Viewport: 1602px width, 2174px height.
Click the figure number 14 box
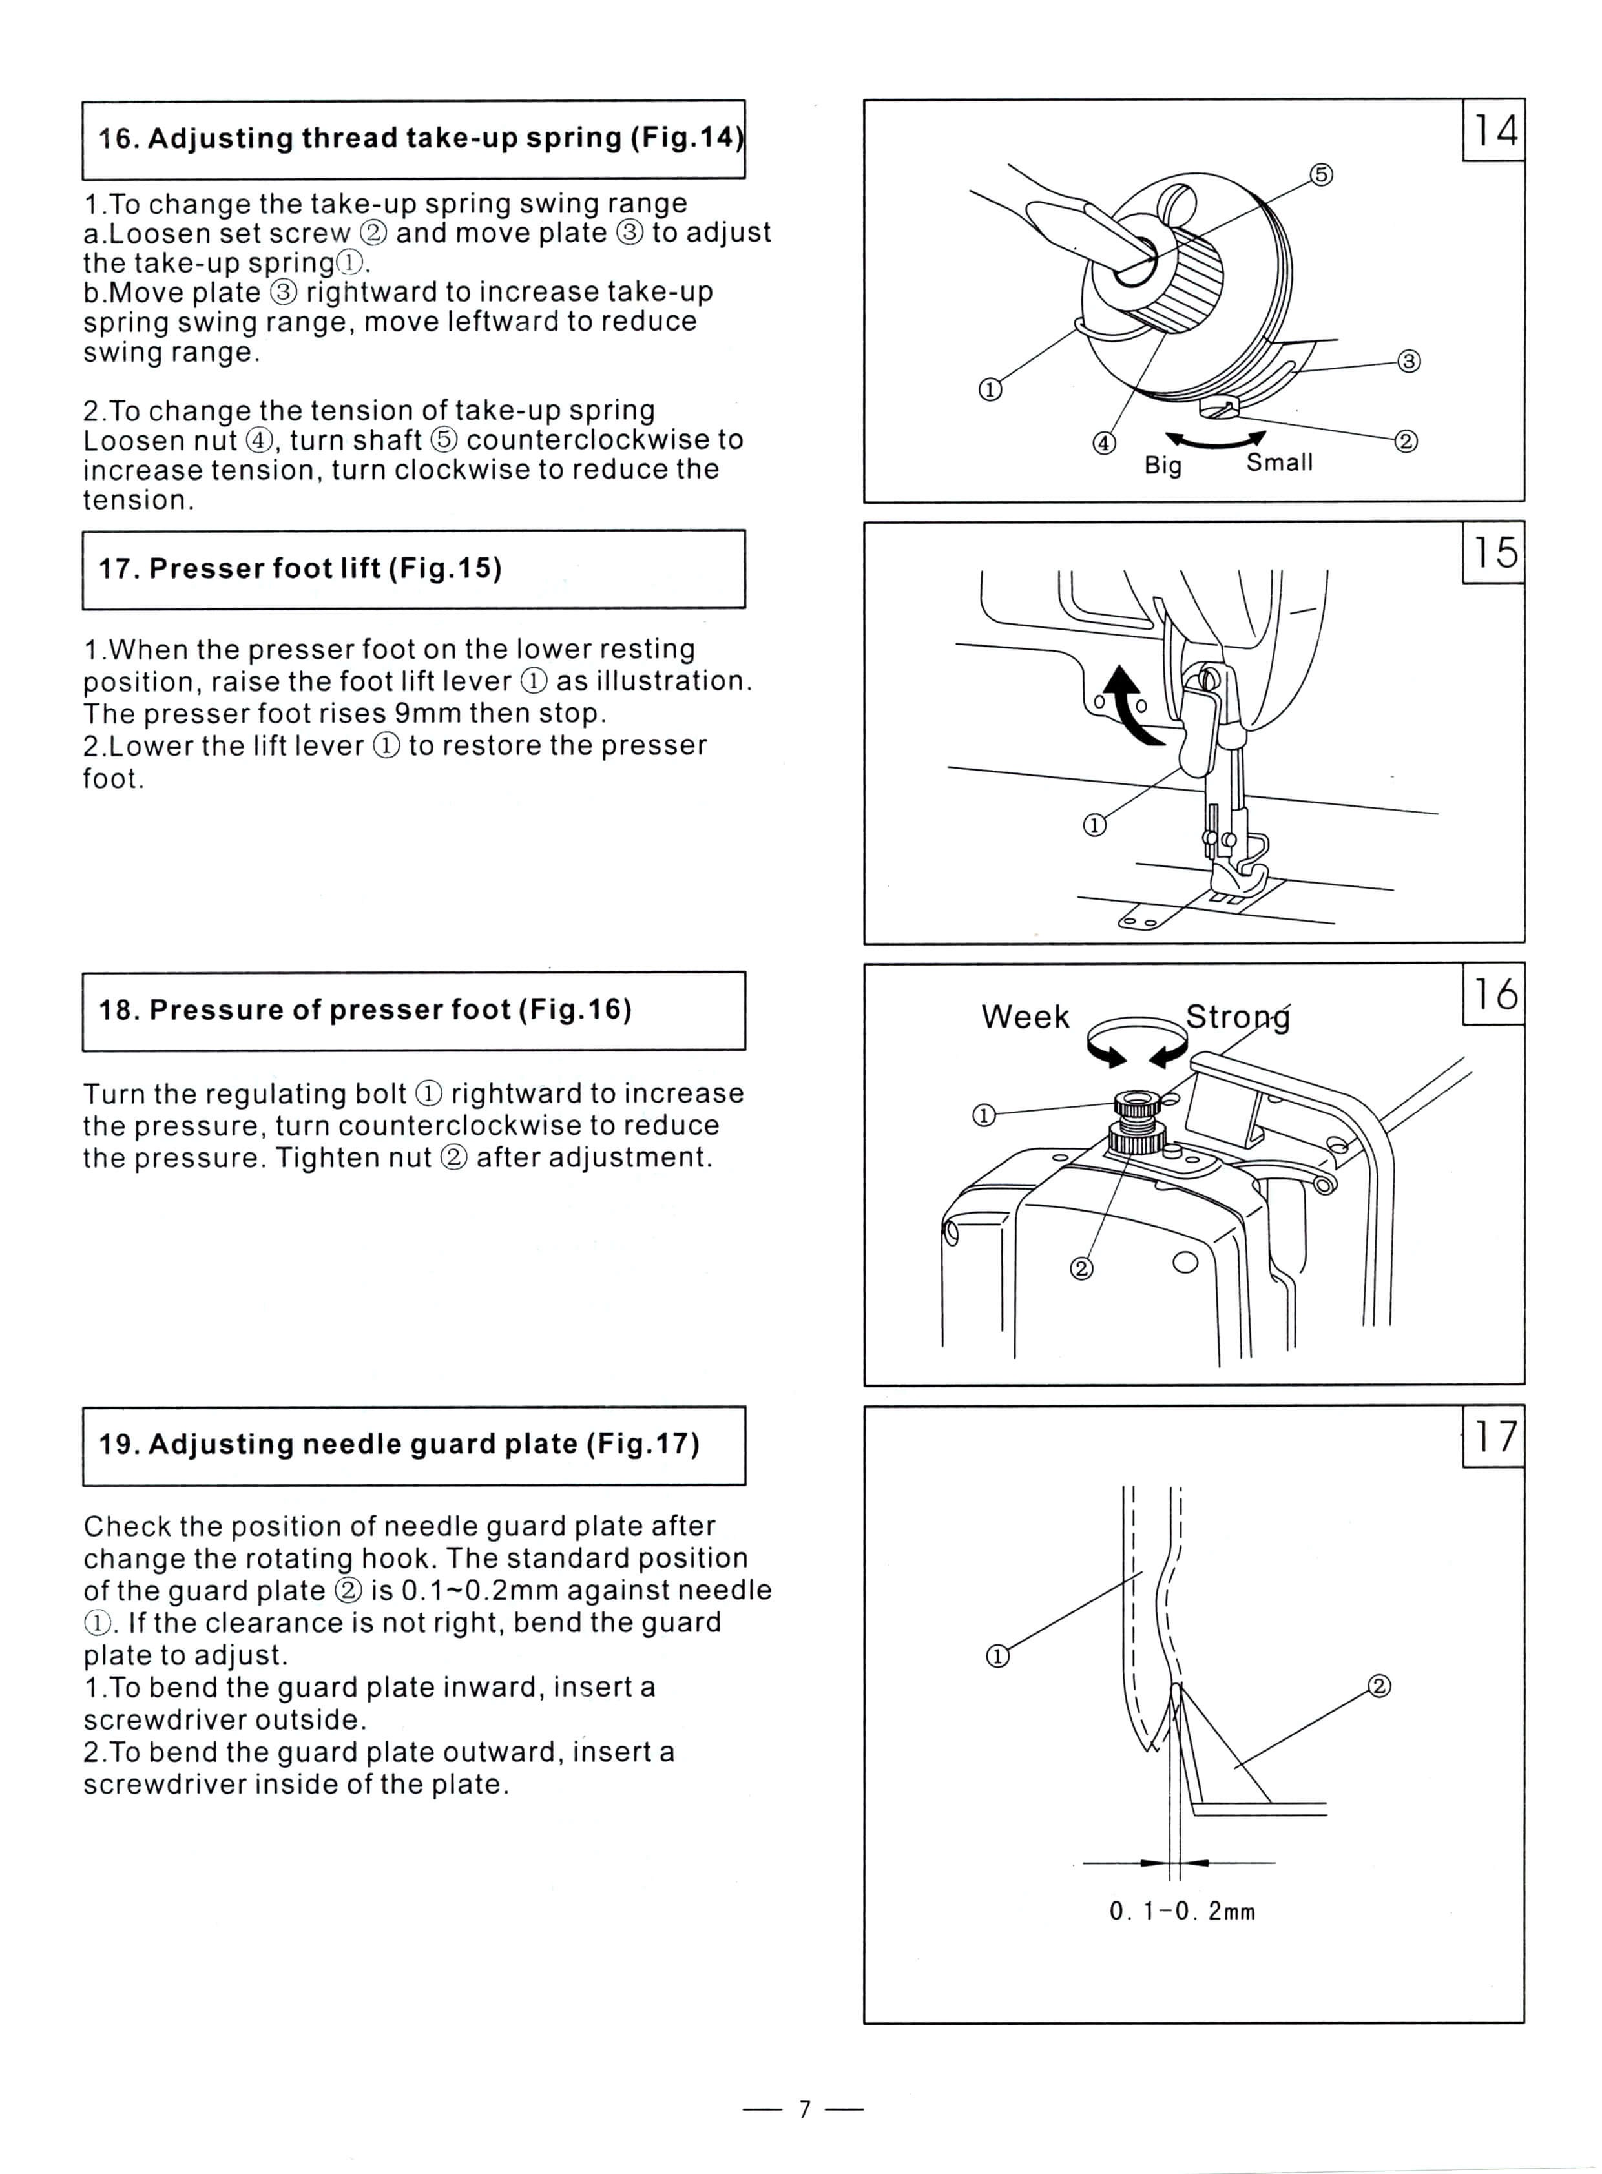(1493, 130)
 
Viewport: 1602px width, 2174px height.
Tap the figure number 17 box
(1493, 1436)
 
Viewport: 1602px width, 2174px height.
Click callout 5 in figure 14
(1321, 174)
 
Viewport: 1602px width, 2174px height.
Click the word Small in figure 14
(1279, 462)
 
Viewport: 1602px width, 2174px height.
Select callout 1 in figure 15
(1094, 825)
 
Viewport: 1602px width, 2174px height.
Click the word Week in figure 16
(1025, 1017)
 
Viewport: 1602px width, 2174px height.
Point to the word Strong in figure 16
(1238, 1017)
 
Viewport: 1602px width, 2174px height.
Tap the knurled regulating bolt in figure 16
(1136, 1104)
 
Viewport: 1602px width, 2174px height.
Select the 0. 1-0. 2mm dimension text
(1182, 1911)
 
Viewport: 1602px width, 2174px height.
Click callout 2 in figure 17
(1379, 1686)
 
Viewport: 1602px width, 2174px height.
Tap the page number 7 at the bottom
(803, 2109)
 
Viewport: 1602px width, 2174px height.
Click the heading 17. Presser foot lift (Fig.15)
(300, 568)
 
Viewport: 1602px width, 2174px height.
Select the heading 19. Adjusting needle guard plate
(399, 1444)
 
